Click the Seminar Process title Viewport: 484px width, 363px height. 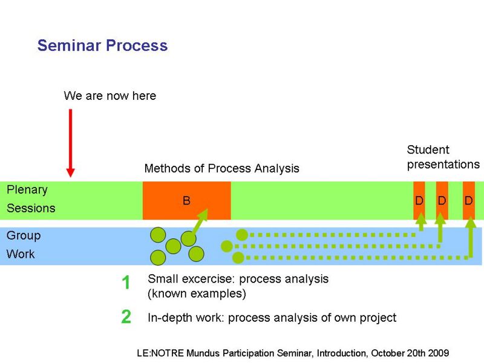[x=102, y=45]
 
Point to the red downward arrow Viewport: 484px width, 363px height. [x=70, y=143]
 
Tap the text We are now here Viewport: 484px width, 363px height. [x=110, y=96]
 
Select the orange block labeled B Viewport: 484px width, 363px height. [x=187, y=200]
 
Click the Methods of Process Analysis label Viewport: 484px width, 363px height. [x=221, y=169]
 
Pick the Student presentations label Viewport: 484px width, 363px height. [x=443, y=157]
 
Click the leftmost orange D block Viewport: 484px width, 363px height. [x=419, y=200]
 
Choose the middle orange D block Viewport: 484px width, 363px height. [x=442, y=200]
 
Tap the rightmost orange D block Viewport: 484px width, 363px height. [x=468, y=200]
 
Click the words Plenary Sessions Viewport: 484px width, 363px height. [x=31, y=199]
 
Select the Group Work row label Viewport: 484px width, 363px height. [x=24, y=245]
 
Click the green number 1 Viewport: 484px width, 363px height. [x=126, y=283]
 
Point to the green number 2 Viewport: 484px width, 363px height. [x=126, y=316]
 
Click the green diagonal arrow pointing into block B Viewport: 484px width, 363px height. [x=200, y=221]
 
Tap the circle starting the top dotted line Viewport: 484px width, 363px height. [x=242, y=235]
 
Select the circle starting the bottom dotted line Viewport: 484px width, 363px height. [x=238, y=258]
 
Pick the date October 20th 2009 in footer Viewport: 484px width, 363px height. [x=410, y=353]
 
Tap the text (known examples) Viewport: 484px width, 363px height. [x=197, y=293]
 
